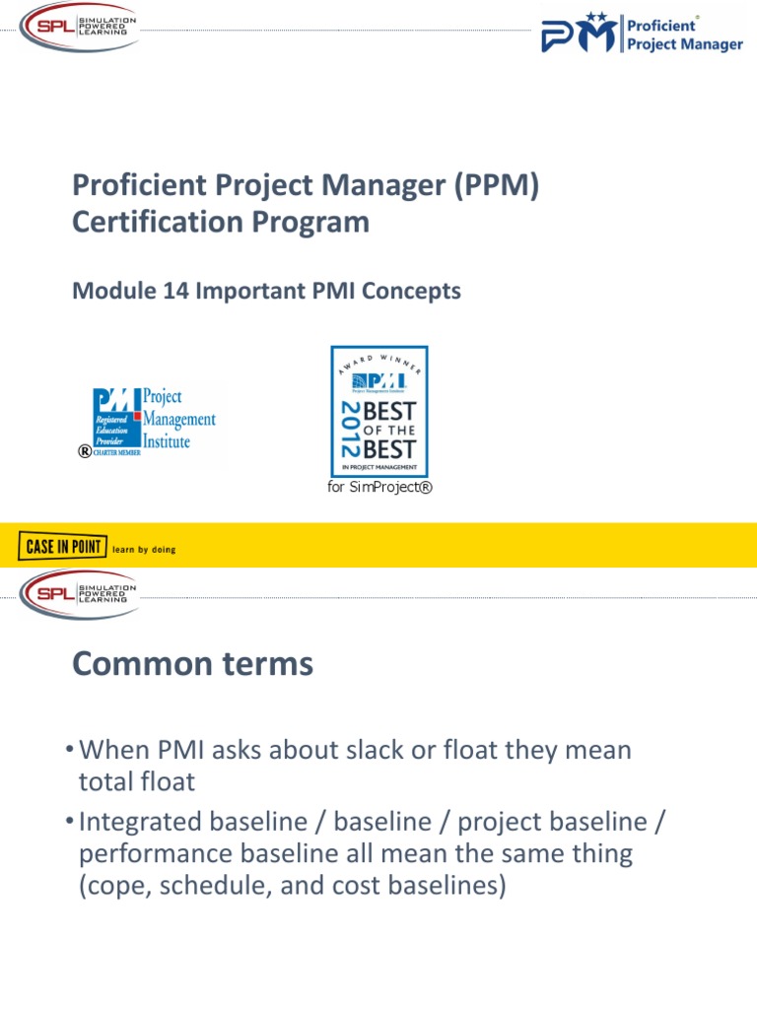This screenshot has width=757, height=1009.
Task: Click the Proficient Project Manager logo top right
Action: pyautogui.click(x=642, y=33)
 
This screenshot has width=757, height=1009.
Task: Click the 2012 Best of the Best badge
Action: pyautogui.click(x=379, y=411)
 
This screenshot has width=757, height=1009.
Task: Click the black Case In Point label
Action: pyautogui.click(x=62, y=544)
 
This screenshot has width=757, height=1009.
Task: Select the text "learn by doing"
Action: pyautogui.click(x=145, y=550)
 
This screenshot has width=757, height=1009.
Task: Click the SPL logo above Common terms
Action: pyautogui.click(x=76, y=594)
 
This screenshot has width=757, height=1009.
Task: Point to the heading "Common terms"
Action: pyautogui.click(x=193, y=665)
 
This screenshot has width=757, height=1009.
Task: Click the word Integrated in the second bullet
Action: pyautogui.click(x=142, y=821)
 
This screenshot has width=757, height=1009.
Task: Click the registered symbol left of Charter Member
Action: pyautogui.click(x=85, y=451)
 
